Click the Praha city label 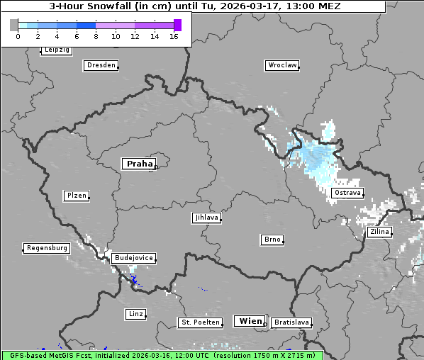139,164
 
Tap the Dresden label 101,65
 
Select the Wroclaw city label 281,65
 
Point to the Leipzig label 56,50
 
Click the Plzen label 76,196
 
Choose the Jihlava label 206,218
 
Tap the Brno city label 272,240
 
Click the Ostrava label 347,193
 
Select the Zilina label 379,232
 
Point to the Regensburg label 47,248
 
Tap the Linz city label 135,313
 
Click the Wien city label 250,321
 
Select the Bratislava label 291,322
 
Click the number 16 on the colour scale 174,36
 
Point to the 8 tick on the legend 96,36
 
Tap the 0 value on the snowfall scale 18,36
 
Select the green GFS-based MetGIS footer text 162,355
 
